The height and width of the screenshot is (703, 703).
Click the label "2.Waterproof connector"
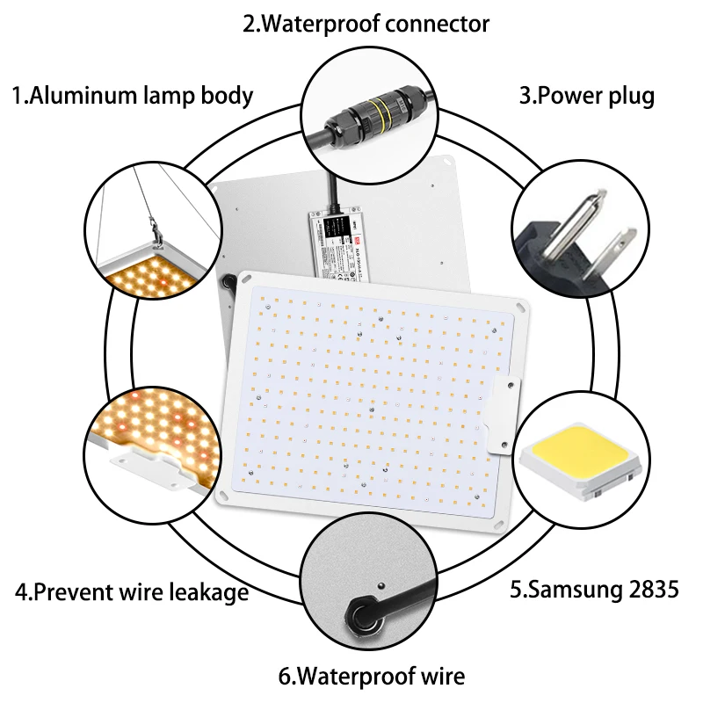click(x=366, y=24)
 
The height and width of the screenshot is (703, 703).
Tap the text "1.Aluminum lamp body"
click(x=132, y=95)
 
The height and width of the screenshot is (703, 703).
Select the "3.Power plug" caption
click(x=586, y=95)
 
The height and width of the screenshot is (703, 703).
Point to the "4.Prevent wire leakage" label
click(x=132, y=592)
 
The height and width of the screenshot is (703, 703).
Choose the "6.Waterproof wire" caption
click(x=371, y=677)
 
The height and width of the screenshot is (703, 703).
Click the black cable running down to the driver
click(x=331, y=189)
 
